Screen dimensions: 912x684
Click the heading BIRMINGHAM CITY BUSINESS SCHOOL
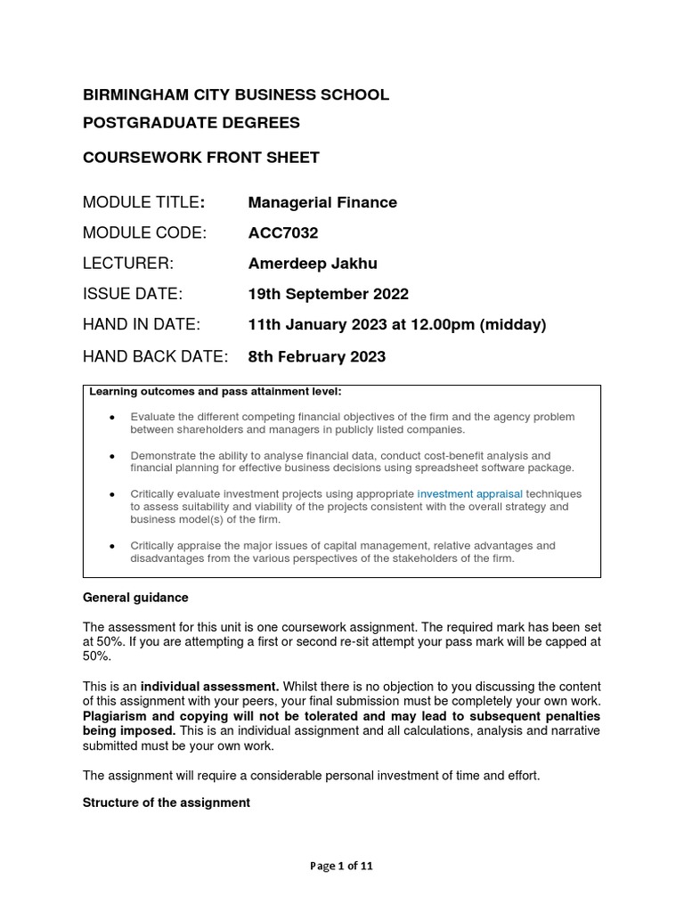tap(235, 95)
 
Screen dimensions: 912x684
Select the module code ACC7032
tap(282, 233)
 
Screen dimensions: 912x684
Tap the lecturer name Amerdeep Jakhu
tap(312, 264)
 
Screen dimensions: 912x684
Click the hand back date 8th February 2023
tap(316, 356)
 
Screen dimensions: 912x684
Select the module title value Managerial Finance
tap(322, 202)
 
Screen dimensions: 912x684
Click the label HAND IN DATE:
tap(141, 324)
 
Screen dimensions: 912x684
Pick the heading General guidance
tap(135, 598)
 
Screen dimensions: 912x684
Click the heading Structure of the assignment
tap(166, 802)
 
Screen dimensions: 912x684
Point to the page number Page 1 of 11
tap(341, 867)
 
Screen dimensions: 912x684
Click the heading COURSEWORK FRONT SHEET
tap(200, 158)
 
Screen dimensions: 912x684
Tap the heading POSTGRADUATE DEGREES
tap(191, 122)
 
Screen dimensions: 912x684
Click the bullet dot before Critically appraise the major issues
tap(111, 546)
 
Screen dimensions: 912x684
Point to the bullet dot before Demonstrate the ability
tap(111, 455)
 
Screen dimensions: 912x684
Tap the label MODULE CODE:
tap(144, 233)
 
